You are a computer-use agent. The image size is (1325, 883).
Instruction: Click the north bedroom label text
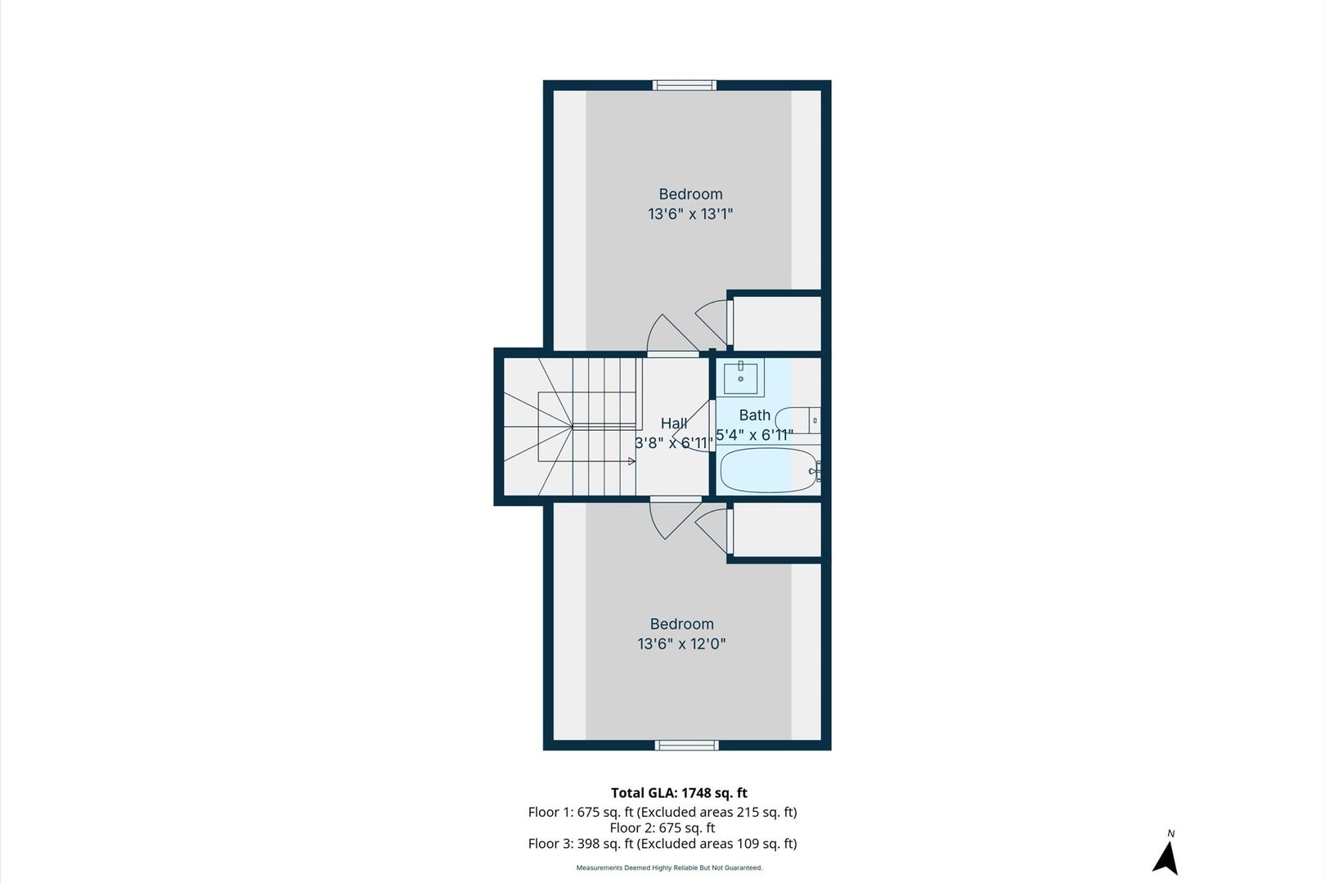pos(690,194)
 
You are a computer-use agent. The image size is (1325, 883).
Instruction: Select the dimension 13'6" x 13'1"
pos(690,214)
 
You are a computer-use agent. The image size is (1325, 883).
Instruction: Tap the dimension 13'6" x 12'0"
pos(681,644)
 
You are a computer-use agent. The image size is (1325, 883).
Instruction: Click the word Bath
pos(754,415)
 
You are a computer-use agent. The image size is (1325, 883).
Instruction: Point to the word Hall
pos(673,423)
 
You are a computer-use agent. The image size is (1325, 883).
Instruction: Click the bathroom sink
pos(740,379)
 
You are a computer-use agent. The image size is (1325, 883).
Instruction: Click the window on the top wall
pos(685,85)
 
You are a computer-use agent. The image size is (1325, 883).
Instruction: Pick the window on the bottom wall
pos(687,745)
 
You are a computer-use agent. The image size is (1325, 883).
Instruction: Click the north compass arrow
pos(1166,858)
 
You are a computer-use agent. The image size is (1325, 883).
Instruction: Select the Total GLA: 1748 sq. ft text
pos(679,792)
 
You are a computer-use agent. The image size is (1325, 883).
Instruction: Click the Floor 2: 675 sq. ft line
pos(662,827)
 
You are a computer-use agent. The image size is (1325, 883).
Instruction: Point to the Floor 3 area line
pos(662,844)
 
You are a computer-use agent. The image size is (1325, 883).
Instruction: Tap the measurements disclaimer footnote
pos(669,867)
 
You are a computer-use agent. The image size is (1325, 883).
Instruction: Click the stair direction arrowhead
pos(631,462)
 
